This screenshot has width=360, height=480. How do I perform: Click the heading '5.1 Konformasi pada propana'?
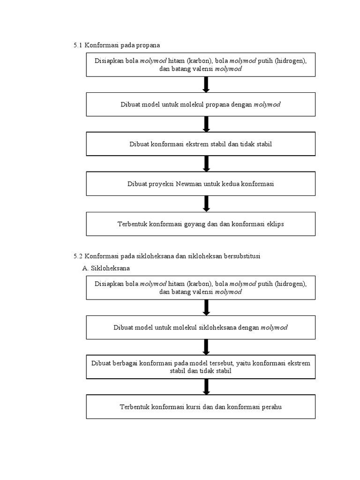[x=117, y=45]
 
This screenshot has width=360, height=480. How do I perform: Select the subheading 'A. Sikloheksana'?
[x=106, y=269]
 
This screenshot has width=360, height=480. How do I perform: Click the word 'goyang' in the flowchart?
[x=195, y=224]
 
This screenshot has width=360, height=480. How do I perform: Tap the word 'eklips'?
[x=275, y=224]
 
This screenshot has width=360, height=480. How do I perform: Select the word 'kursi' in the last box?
[x=193, y=407]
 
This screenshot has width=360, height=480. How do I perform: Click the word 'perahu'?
[x=271, y=407]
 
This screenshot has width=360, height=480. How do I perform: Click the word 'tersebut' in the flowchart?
[x=222, y=363]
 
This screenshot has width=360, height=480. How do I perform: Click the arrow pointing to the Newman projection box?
[x=206, y=164]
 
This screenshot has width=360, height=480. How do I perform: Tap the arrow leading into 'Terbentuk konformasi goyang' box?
[x=206, y=204]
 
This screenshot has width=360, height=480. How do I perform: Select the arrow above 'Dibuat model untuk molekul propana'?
[x=206, y=84]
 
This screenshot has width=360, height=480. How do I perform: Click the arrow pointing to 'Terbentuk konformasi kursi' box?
[x=206, y=387]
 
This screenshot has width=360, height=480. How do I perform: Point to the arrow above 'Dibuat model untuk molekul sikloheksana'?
[x=206, y=307]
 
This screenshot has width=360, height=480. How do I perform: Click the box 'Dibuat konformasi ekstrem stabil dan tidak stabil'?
[x=201, y=144]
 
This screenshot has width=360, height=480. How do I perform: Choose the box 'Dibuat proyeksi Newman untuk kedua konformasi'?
[x=201, y=184]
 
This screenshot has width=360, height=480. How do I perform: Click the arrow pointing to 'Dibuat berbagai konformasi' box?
[x=206, y=347]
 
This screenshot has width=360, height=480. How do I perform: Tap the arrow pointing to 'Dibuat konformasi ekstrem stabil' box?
[x=206, y=124]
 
